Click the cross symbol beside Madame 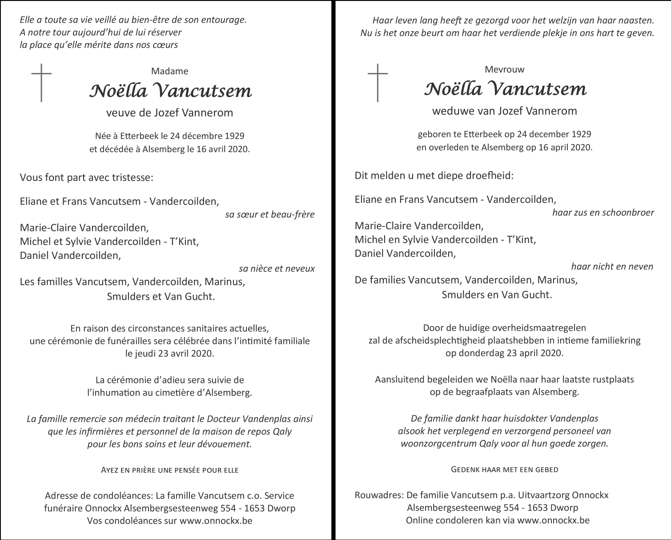[41, 83]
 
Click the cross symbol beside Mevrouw [378, 83]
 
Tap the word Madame [169, 71]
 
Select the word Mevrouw [504, 69]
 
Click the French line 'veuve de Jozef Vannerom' [169, 113]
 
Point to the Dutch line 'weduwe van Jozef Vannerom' [504, 111]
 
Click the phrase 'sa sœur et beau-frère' [269, 214]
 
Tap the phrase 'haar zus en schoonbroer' [603, 213]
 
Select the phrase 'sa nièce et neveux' [276, 269]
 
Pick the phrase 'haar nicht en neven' [612, 266]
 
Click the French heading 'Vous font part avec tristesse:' [87, 177]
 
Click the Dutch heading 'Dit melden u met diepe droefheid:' [434, 175]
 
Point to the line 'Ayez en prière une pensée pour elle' [169, 470]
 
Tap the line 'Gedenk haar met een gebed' [504, 469]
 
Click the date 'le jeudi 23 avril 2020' [169, 354]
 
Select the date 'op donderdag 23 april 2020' [504, 353]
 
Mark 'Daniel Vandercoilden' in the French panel [70, 256]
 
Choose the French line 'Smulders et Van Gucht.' [161, 297]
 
